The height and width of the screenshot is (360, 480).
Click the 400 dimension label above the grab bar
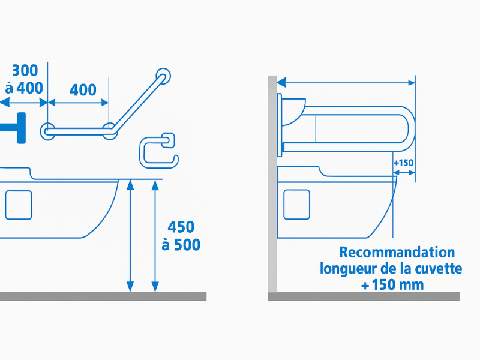[83, 90]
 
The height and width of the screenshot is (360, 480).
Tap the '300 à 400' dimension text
[25, 79]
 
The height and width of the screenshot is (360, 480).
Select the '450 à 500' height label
[181, 236]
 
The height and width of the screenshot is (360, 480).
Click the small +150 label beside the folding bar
[404, 163]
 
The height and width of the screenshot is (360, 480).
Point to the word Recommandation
[397, 252]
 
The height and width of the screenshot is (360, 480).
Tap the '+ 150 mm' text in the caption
[392, 284]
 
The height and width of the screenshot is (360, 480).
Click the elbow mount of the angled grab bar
[110, 131]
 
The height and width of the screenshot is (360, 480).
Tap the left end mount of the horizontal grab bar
[48, 131]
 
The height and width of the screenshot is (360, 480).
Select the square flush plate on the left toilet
[19, 205]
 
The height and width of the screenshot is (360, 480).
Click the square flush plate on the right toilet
[296, 205]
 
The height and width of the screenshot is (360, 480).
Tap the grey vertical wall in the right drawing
[272, 180]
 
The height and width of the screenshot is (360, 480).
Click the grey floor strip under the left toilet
[102, 296]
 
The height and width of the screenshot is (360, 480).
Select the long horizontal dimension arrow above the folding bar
[346, 82]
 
